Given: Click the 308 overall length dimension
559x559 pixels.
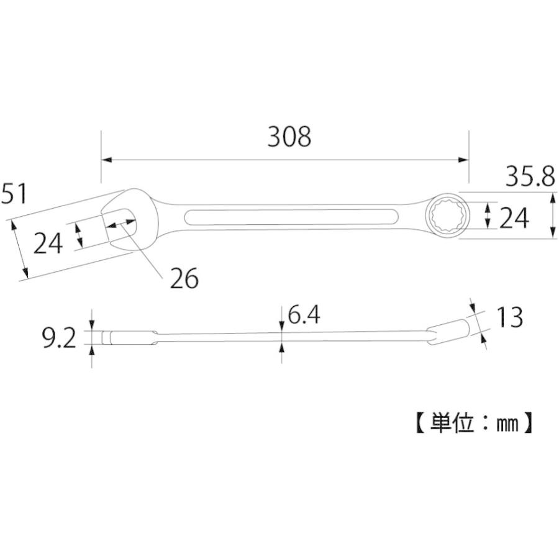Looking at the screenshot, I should coord(289,137).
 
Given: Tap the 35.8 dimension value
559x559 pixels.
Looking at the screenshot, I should coord(529,178).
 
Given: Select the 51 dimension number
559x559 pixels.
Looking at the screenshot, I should coord(14,194).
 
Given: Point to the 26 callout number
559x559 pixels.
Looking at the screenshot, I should coord(184,279).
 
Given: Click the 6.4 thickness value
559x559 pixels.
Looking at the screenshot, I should coord(304,316).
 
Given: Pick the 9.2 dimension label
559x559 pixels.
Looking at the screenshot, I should coord(59,339).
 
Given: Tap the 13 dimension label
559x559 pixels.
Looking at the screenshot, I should coord(509,317).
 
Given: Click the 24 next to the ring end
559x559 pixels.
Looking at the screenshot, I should coord(514,218).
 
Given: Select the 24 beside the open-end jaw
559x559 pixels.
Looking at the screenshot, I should coord(48,243).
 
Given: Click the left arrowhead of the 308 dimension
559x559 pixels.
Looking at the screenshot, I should coord(106,160).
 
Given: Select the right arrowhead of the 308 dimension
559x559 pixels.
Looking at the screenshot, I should coord(463,160).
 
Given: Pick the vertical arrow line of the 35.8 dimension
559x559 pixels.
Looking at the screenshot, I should coord(553,214).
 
